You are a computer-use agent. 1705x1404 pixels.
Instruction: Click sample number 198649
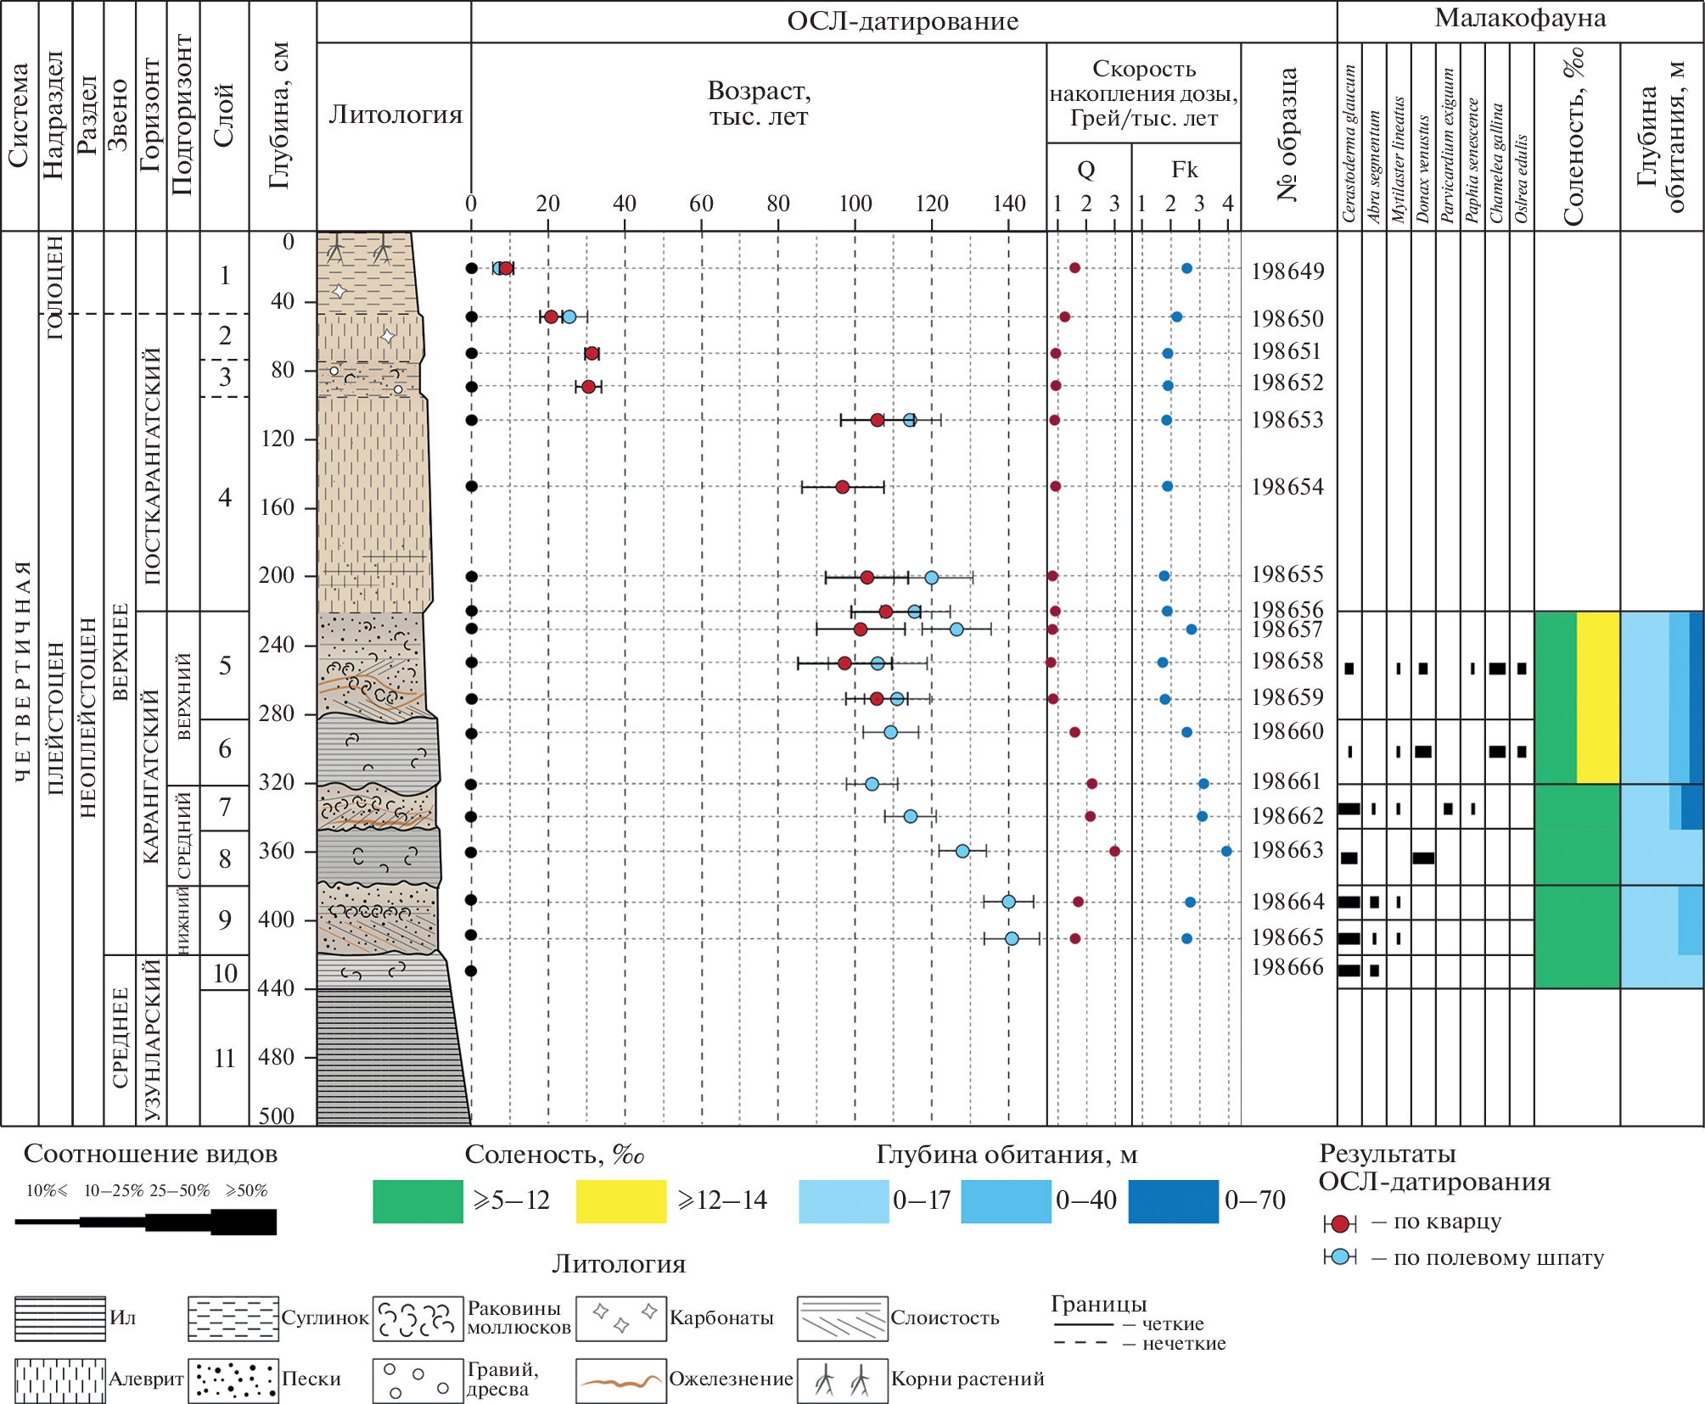(x=1287, y=271)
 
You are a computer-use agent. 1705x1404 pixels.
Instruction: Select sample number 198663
(x=1287, y=850)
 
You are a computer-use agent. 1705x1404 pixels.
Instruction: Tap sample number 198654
(x=1287, y=487)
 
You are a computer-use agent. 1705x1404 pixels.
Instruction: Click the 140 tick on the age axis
(x=1009, y=204)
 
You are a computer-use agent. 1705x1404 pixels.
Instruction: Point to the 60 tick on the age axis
(x=701, y=204)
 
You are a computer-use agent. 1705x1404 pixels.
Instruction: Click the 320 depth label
(x=277, y=782)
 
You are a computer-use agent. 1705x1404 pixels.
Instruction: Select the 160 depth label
(x=277, y=507)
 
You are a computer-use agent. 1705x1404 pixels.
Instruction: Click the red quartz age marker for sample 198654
(x=842, y=487)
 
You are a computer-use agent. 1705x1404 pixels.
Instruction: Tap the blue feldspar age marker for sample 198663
(x=962, y=851)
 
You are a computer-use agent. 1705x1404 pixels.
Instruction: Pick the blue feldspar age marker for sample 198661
(x=872, y=784)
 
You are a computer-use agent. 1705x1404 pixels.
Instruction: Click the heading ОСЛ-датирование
(x=902, y=21)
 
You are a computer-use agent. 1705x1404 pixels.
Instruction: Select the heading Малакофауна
(x=1520, y=19)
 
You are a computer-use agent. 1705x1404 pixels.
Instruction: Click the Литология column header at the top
(x=395, y=115)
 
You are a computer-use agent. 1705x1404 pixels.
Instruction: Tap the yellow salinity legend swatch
(x=620, y=1201)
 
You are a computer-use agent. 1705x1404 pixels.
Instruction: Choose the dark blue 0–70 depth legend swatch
(x=1173, y=1201)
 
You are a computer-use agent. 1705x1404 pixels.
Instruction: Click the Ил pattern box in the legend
(x=60, y=1318)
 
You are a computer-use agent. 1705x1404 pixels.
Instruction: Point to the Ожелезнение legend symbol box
(x=620, y=1379)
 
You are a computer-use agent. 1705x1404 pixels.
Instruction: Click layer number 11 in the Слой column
(x=224, y=1059)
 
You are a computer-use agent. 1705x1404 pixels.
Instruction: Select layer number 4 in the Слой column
(x=224, y=497)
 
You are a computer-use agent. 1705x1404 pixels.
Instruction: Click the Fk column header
(x=1185, y=170)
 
